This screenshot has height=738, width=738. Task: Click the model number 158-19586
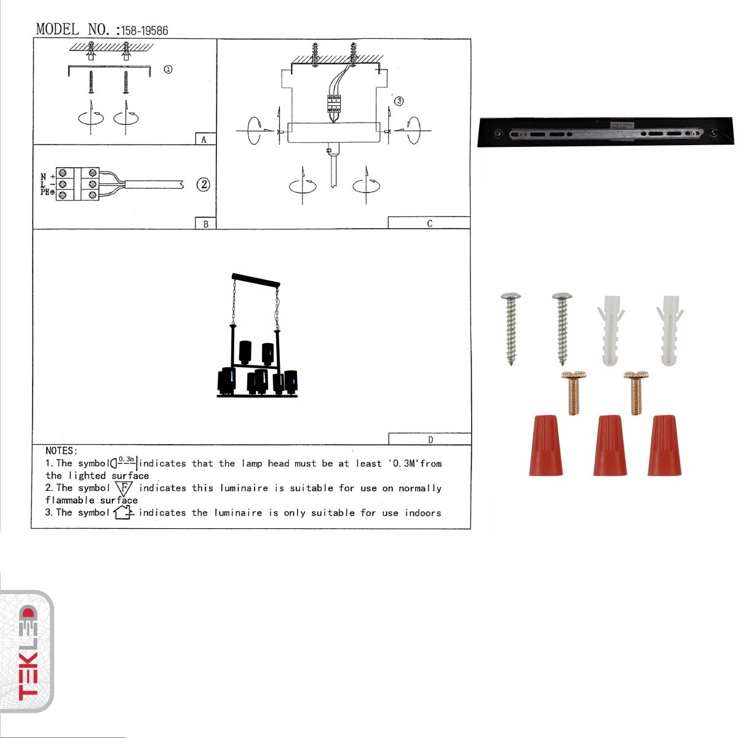145,30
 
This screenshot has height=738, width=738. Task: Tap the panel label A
204,140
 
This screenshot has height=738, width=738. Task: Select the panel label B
205,224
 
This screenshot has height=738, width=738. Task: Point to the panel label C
429,223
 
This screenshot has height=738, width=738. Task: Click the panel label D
430,439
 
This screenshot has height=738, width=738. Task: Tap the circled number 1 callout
168,69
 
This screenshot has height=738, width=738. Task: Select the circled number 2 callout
203,184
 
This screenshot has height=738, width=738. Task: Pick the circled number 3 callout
399,101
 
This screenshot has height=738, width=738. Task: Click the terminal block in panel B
77,184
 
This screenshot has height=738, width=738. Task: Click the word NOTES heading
61,451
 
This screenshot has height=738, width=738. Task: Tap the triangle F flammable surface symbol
124,488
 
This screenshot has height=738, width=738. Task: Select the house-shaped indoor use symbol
123,512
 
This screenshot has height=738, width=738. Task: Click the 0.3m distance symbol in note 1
125,462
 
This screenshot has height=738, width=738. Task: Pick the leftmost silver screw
511,328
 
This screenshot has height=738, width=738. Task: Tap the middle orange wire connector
610,445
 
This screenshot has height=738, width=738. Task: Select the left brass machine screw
573,392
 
